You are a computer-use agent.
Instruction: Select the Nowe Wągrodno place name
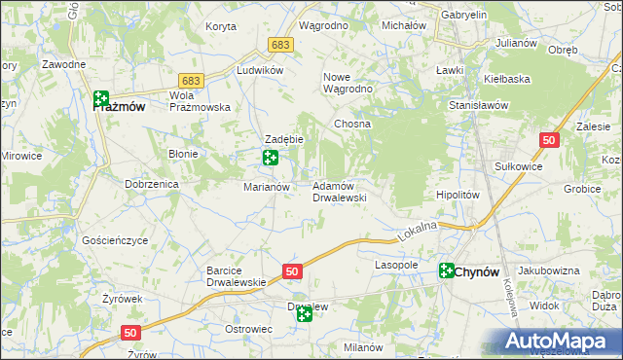coord(348,82)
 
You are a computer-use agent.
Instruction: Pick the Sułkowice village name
coord(519,166)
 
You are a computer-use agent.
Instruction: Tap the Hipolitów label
coord(458,195)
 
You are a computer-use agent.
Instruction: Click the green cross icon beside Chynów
coord(447,271)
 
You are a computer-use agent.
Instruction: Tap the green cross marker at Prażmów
coord(101,98)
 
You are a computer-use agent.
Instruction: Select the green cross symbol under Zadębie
coord(271,158)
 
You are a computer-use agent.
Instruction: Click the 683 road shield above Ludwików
coord(281,45)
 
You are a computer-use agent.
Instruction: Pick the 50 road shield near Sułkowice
coord(550,140)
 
